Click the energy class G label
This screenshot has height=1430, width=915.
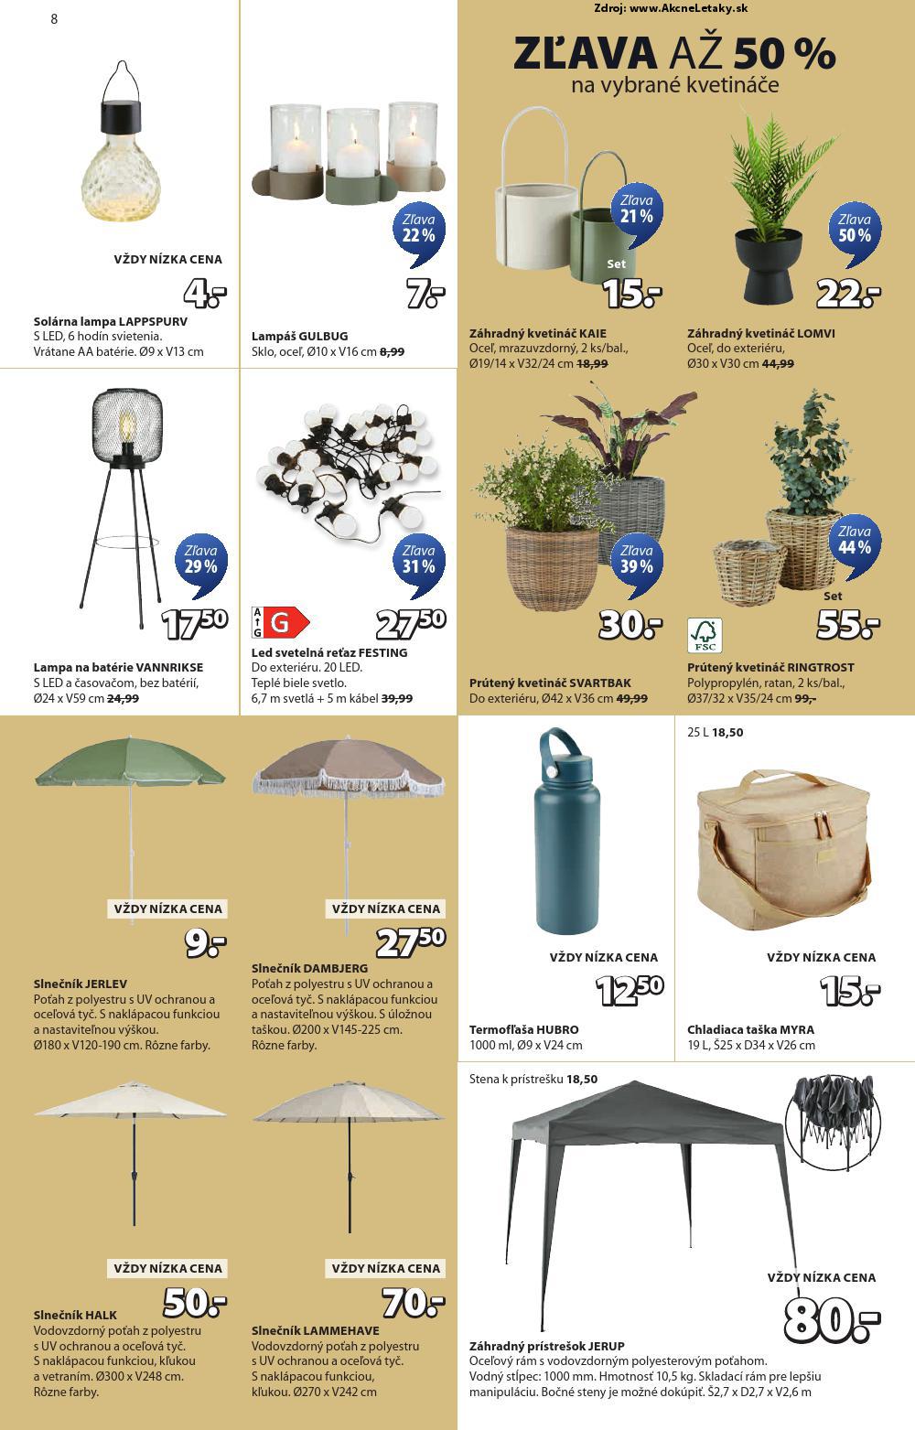[280, 622]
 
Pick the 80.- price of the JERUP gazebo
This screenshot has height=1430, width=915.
[831, 1318]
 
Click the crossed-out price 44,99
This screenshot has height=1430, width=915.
[778, 363]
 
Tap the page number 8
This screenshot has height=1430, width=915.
[54, 18]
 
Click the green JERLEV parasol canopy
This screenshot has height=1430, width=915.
[130, 762]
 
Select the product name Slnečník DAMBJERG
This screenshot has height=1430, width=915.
[309, 968]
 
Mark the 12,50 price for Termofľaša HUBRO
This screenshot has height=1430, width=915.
[629, 991]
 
